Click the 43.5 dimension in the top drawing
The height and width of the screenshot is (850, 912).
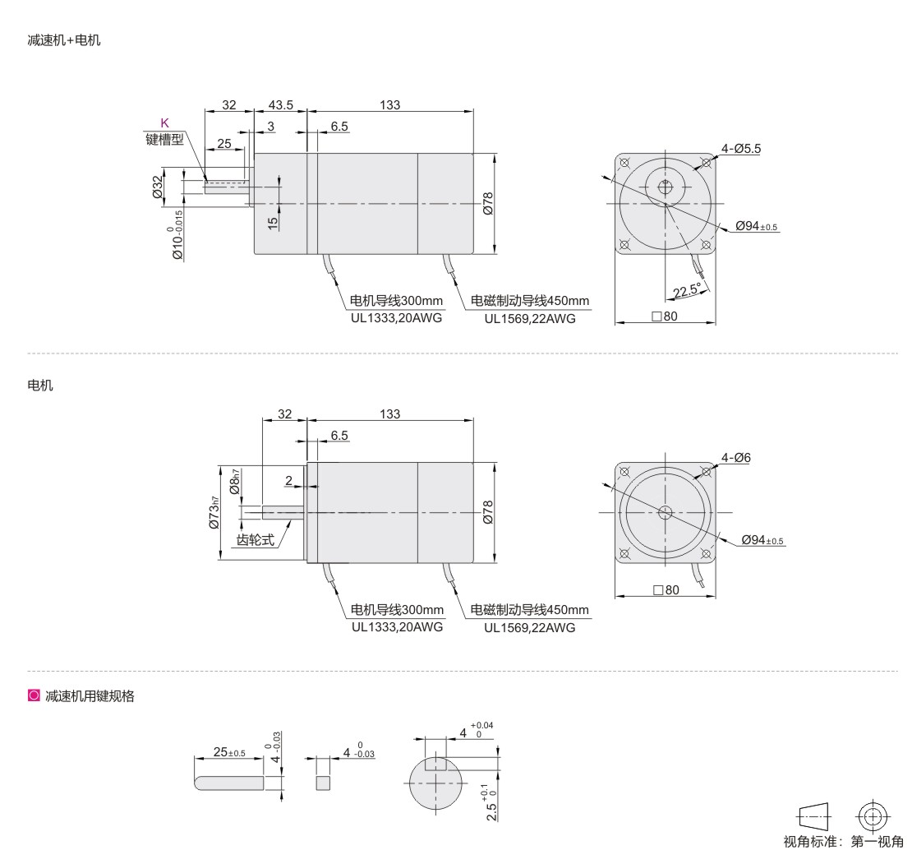(281, 104)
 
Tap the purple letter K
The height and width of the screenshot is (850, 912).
(164, 122)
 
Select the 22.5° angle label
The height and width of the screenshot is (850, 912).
(687, 290)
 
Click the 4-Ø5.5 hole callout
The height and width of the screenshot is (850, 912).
(741, 148)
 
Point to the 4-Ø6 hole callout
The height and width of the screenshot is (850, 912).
(736, 458)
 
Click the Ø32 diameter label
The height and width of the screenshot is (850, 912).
(157, 187)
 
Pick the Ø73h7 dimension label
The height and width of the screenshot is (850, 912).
(214, 513)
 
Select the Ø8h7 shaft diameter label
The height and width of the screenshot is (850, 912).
(234, 482)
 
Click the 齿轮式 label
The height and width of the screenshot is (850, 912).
(255, 540)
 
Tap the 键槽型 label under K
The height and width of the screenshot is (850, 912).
(164, 139)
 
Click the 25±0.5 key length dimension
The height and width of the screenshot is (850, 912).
(229, 752)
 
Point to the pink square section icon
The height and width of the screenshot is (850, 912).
(34, 695)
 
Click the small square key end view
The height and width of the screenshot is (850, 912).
(323, 783)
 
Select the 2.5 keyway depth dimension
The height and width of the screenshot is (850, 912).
(491, 803)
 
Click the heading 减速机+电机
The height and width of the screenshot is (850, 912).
(64, 40)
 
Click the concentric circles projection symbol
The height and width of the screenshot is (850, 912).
(873, 817)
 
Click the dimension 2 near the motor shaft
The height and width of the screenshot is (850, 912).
(289, 481)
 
